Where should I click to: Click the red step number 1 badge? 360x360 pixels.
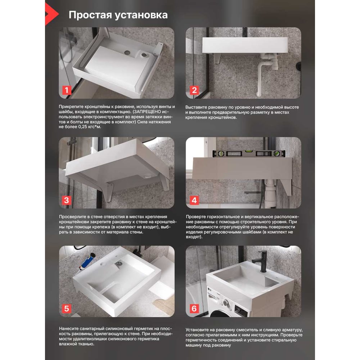pyautogui.click(x=67, y=90)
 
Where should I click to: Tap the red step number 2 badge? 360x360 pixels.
pyautogui.click(x=194, y=90)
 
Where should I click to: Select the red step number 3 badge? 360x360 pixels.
pyautogui.click(x=66, y=200)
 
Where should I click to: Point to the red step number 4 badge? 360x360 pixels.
pyautogui.click(x=194, y=200)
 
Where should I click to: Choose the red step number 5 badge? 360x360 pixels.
pyautogui.click(x=66, y=309)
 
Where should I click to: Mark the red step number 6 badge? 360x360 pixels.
pyautogui.click(x=194, y=309)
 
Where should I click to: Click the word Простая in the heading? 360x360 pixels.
pyautogui.click(x=90, y=15)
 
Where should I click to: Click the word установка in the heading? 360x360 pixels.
pyautogui.click(x=141, y=15)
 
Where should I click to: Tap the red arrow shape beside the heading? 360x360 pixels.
pyautogui.click(x=51, y=14)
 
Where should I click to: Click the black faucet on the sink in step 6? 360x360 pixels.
pyautogui.click(x=261, y=261)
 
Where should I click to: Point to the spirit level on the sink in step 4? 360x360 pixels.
pyautogui.click(x=249, y=154)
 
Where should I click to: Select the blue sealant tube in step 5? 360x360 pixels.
pyautogui.click(x=87, y=261)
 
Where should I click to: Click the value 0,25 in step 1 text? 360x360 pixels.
pyautogui.click(x=84, y=127)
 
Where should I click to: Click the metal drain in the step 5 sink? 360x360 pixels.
pyautogui.click(x=118, y=264)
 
